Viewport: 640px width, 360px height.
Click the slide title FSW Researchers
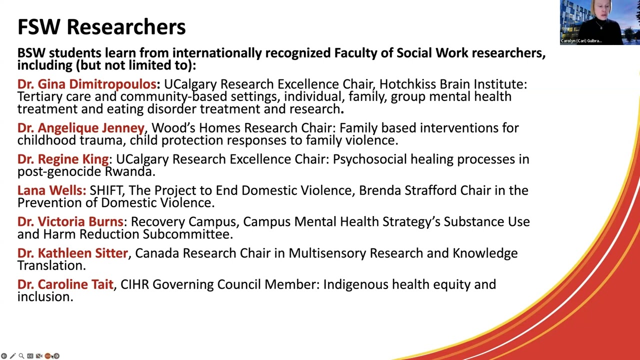(101, 27)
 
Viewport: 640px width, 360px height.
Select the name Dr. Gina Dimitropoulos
(87, 84)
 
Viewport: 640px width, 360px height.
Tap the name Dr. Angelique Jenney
(81, 128)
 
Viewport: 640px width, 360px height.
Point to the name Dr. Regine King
(63, 159)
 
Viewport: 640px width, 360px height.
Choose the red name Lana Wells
(51, 190)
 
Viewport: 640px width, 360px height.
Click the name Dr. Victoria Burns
(70, 221)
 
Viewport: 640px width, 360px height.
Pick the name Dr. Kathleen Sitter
(72, 253)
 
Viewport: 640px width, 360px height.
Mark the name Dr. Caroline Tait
(65, 284)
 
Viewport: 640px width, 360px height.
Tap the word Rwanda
(129, 171)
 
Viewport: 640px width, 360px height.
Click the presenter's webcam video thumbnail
(599, 22)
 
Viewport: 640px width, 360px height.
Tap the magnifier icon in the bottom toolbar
(21, 356)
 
